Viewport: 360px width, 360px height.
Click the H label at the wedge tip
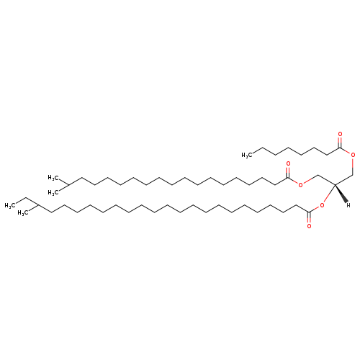coord(348,205)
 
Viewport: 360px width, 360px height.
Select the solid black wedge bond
coord(341,194)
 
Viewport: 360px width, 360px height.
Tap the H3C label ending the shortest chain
coord(247,155)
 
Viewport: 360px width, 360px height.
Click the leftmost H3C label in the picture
coord(10,205)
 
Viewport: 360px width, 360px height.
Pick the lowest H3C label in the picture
coord(23,213)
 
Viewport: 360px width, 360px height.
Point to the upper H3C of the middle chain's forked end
coord(53,178)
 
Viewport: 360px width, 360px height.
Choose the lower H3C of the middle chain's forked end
coord(53,192)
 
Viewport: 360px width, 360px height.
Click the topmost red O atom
coord(340,134)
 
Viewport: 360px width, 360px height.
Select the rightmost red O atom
coord(353,155)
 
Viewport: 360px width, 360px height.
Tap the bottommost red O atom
coord(309,226)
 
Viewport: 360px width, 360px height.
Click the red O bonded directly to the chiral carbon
coord(322,205)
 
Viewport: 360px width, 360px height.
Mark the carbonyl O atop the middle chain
coord(288,164)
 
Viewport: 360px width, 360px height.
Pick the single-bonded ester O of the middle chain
coord(300,185)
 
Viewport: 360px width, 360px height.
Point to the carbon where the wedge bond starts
coord(335,185)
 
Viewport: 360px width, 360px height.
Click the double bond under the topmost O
coord(340,142)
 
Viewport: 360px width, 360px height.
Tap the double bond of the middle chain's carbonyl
coord(288,172)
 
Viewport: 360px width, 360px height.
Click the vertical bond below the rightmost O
coord(353,166)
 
